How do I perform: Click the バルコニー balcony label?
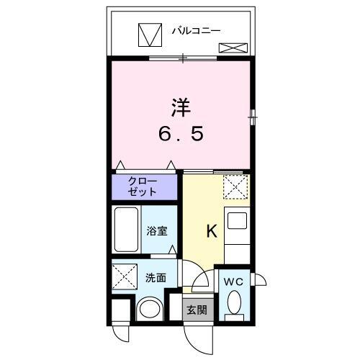point(196,30)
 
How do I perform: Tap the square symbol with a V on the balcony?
point(150,33)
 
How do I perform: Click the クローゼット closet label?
point(144,187)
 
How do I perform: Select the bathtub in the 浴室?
point(125,230)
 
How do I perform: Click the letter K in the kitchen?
point(212,231)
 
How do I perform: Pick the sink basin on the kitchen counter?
point(237,220)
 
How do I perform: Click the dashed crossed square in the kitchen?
point(235,188)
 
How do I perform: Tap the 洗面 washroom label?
point(156,277)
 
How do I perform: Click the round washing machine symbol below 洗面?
point(148,310)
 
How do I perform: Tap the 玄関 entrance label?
point(196,310)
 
